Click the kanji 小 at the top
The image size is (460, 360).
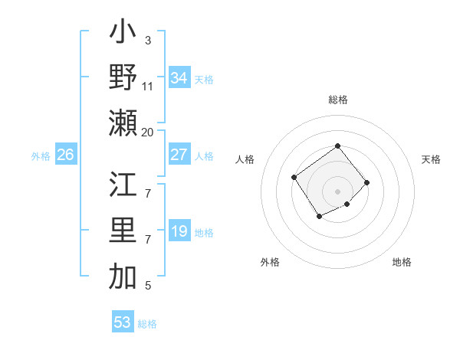123,34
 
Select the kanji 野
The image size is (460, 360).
123,77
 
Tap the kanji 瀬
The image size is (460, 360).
123,123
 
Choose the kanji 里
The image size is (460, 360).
123,231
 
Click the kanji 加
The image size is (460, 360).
123,277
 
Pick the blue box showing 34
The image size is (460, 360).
179,78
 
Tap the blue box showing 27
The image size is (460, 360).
179,155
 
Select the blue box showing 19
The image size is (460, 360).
179,231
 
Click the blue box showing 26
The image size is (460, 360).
65,155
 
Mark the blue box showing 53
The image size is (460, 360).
123,322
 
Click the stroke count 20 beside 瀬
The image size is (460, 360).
148,133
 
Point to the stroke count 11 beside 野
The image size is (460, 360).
148,87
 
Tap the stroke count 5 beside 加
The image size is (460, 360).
148,286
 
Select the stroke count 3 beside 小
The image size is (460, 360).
148,41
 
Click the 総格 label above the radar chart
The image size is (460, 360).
337,100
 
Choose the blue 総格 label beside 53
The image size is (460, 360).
147,323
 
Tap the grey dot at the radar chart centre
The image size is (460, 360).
337,191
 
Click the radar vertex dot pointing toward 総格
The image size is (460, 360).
337,146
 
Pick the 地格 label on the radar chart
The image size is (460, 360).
402,263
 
